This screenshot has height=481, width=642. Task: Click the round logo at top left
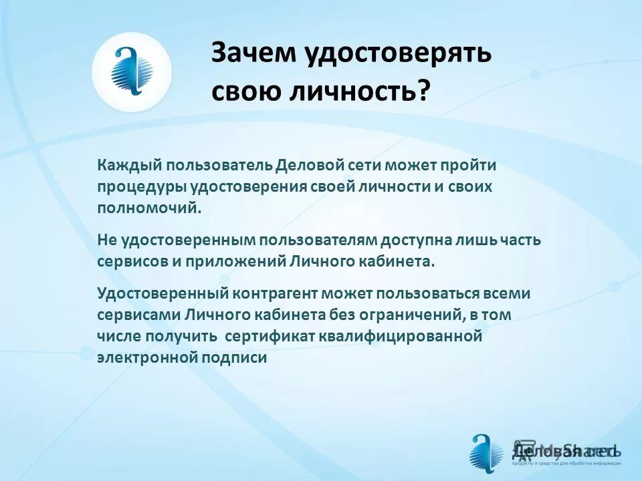click(132, 72)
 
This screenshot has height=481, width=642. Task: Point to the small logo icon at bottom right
click(486, 453)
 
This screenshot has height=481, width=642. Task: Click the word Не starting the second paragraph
click(106, 239)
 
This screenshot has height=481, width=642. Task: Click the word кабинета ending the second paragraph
click(399, 260)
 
